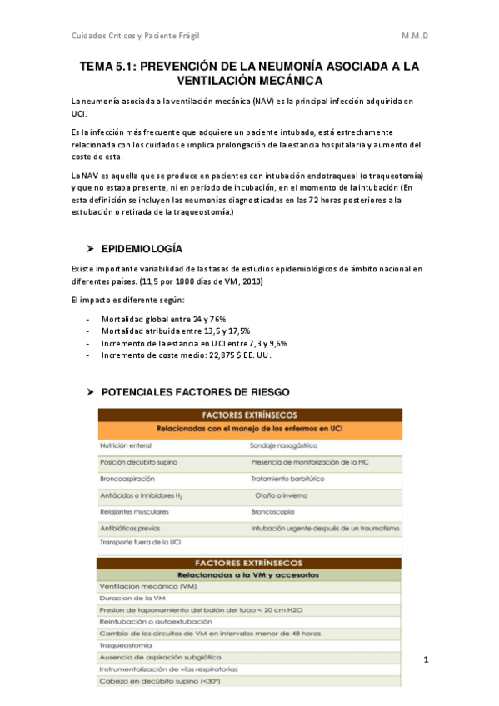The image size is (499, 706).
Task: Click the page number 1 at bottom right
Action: click(426, 660)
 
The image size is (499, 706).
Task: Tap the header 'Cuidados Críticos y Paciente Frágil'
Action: click(136, 35)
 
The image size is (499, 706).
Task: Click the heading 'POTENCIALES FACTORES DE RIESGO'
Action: click(196, 391)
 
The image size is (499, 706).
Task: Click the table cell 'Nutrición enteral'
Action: click(126, 446)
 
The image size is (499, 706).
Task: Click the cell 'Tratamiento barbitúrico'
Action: click(287, 479)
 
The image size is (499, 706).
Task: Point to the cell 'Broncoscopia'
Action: click(276, 511)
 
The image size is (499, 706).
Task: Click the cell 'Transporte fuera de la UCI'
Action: click(140, 543)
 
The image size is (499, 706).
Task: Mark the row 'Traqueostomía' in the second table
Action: click(126, 645)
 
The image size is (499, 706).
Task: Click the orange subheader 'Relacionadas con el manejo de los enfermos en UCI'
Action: click(249, 429)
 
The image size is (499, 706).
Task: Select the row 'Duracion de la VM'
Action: click(133, 598)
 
